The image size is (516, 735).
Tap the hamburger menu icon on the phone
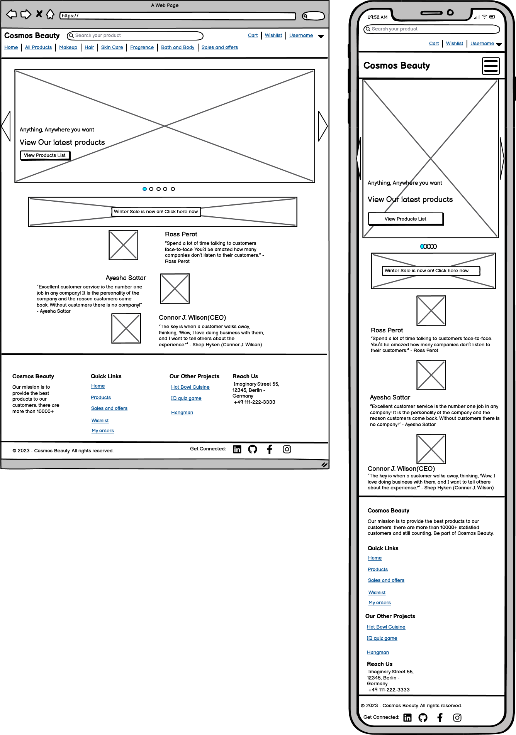(x=491, y=66)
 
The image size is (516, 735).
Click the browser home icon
(x=50, y=15)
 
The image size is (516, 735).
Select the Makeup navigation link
(x=68, y=47)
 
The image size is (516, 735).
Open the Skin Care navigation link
(x=112, y=47)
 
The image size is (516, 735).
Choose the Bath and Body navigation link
(x=178, y=47)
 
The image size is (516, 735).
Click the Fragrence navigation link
(x=142, y=47)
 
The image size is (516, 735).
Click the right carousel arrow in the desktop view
(x=323, y=126)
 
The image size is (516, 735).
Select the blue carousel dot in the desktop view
(x=145, y=189)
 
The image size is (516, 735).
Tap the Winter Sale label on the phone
(x=427, y=271)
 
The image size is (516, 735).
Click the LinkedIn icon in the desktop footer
(x=237, y=449)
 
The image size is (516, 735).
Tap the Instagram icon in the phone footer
(x=457, y=718)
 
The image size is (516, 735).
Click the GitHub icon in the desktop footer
(x=253, y=449)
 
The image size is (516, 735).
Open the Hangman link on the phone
(x=378, y=652)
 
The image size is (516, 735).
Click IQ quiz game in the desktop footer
(x=186, y=398)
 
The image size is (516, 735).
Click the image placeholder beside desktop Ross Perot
(x=124, y=245)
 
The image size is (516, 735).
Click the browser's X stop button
(x=39, y=14)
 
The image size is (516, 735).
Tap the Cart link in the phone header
(x=434, y=44)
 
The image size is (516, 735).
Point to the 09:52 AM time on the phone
(x=377, y=17)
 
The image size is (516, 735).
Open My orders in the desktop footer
(x=103, y=431)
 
